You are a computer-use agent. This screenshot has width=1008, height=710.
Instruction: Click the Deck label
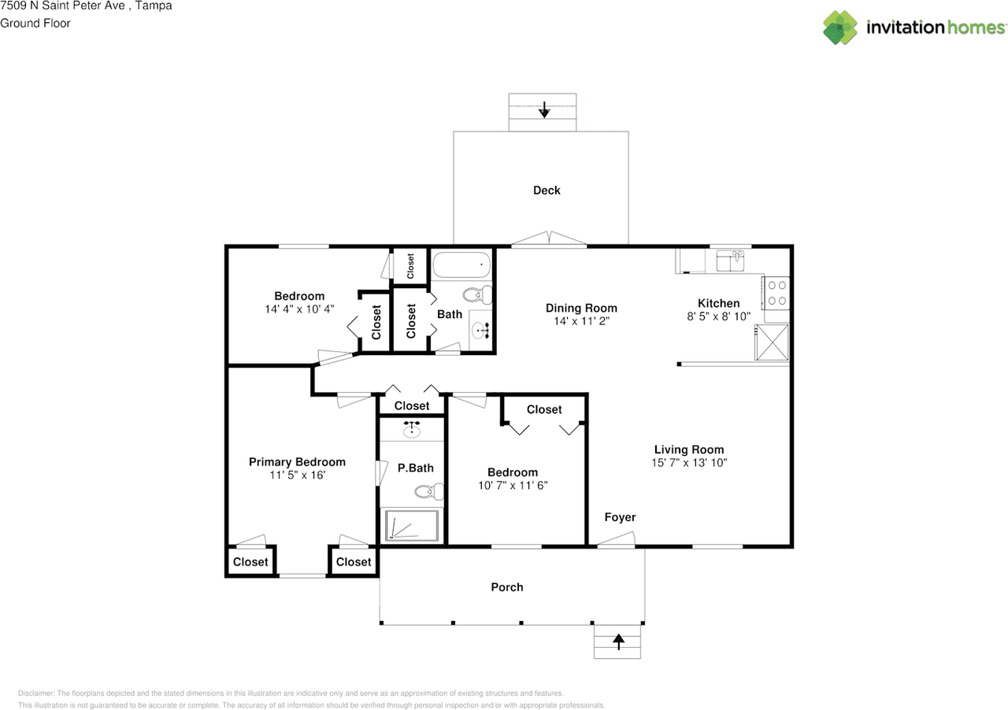547,190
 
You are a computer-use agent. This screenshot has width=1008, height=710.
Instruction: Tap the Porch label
507,587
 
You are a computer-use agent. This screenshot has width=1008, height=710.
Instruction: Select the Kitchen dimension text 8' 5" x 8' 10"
719,316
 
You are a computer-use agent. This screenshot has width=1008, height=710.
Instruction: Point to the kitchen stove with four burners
776,293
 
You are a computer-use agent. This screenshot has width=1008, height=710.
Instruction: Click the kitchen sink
730,261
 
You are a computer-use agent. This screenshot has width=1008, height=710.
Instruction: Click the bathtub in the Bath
461,264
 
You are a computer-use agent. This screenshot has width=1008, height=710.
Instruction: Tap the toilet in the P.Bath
429,491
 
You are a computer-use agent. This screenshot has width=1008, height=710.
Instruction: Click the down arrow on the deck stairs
544,109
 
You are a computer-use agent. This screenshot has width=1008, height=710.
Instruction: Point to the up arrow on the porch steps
619,642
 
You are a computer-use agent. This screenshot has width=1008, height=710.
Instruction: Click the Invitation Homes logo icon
840,28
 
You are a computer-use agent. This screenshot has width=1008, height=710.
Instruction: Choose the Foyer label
620,517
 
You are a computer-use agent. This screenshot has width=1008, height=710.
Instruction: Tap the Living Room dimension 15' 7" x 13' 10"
689,463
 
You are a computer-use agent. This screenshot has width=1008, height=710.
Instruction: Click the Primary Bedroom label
297,462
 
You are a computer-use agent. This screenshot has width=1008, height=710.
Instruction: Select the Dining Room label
581,309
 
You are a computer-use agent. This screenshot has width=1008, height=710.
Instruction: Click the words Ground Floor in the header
35,24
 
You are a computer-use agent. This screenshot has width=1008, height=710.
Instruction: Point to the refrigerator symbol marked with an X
773,342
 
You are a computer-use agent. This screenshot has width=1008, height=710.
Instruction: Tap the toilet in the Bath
477,295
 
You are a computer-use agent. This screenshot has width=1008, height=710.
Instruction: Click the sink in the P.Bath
411,430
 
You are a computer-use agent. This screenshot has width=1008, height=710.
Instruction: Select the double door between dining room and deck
549,239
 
